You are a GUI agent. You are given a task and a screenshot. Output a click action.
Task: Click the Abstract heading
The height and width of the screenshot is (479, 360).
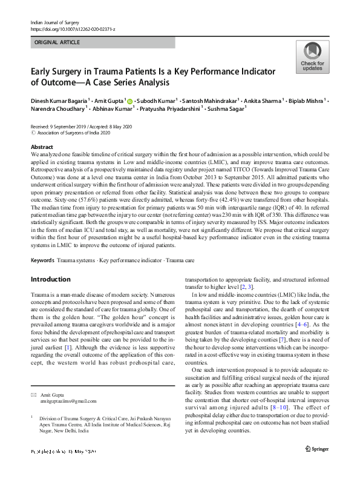tap(42, 148)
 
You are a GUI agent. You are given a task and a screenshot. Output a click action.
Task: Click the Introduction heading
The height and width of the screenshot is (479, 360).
tap(51, 279)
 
